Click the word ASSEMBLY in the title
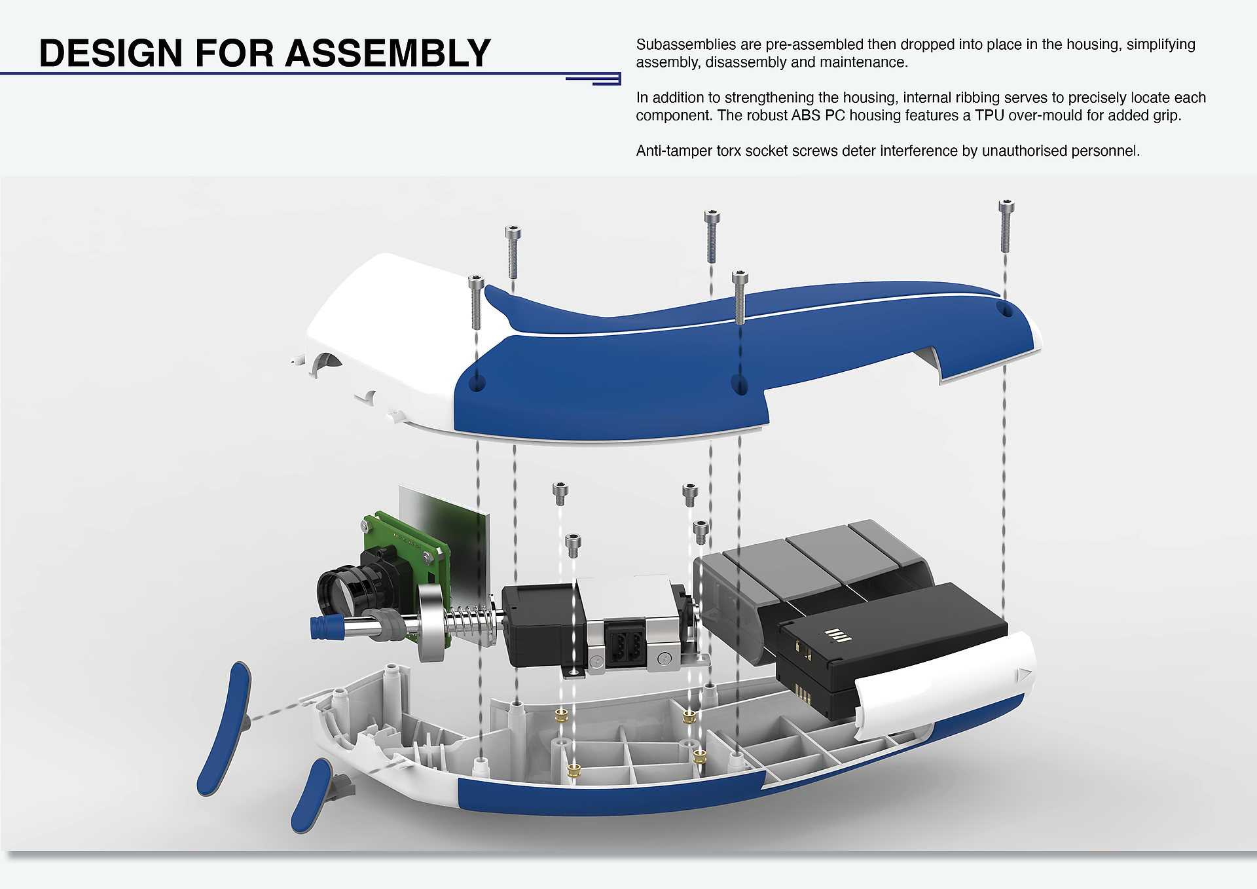[x=388, y=53]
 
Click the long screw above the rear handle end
[x=1006, y=226]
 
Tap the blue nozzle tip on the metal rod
[x=327, y=626]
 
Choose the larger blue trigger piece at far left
[x=225, y=728]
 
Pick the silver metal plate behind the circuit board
[x=452, y=537]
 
